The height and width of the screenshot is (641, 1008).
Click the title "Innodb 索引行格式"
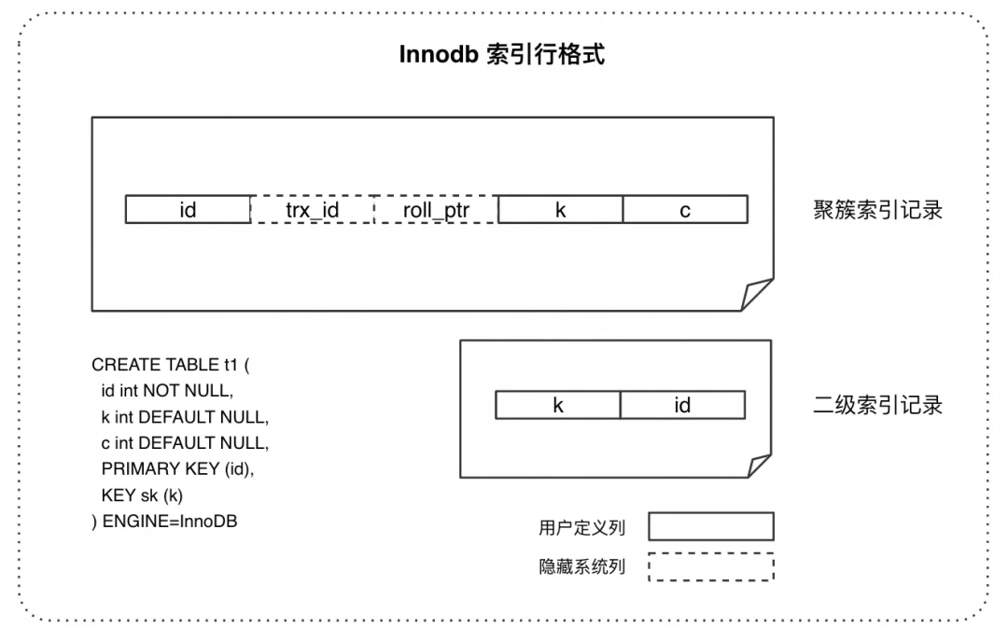501,55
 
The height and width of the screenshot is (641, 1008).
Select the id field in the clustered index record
188,210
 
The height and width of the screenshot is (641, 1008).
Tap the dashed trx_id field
312,210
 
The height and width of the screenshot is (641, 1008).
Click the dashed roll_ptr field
436,210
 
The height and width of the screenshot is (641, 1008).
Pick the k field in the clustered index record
560,210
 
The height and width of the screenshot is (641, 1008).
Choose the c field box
685,210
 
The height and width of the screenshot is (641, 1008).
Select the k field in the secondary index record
558,405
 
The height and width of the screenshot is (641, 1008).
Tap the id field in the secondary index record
682,405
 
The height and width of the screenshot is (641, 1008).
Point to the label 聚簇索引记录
877,210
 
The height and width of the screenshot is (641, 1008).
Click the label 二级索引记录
877,405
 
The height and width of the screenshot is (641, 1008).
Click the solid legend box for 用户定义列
711,526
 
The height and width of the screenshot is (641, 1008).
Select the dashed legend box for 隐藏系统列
711,566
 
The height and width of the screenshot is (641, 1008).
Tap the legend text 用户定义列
581,527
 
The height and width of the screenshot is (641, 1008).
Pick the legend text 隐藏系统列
581,566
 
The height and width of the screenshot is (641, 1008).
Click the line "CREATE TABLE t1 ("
171,365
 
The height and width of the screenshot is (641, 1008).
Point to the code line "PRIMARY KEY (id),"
177,469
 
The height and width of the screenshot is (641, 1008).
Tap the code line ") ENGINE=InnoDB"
164,522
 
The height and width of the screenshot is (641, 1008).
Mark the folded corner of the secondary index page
758,466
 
